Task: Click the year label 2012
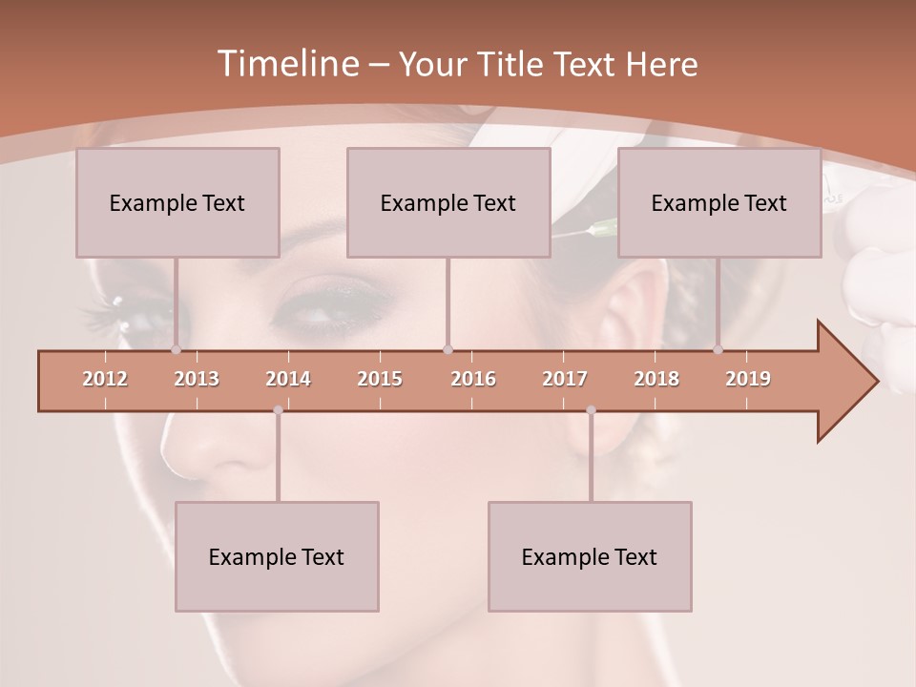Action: coord(105,379)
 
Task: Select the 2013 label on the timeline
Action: coord(197,379)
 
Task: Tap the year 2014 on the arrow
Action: coord(288,379)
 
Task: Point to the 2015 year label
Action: coord(380,379)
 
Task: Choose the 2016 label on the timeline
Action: coord(473,379)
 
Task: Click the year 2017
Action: coord(565,379)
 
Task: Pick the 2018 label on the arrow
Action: coord(656,379)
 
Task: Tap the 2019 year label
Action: coord(748,379)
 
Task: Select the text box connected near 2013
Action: coord(177,202)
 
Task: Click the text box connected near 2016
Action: coord(448,202)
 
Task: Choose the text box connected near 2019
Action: coord(719,202)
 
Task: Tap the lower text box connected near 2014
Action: coord(277,556)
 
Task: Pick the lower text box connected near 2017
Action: coord(590,556)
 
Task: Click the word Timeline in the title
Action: coord(285,64)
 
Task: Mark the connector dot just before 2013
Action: coord(176,350)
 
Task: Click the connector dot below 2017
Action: coord(591,410)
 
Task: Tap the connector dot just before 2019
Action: coord(718,350)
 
